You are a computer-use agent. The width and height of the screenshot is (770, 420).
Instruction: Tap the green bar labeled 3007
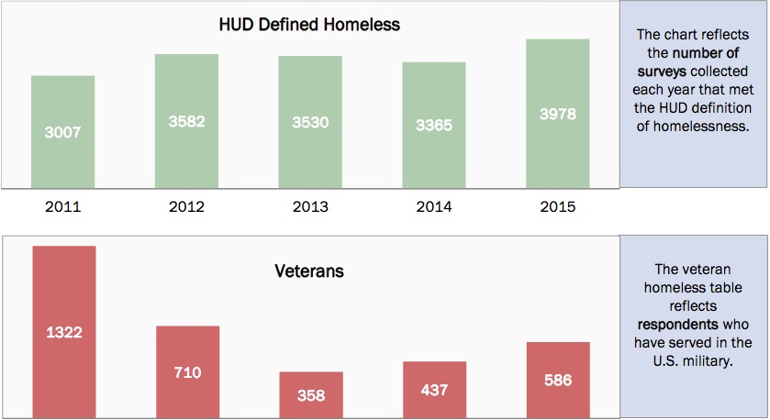(63, 132)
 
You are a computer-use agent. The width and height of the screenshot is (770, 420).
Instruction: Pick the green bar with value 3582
(186, 121)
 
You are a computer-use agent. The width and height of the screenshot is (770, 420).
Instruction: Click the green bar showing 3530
(310, 122)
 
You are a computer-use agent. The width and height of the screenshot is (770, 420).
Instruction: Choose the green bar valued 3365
(434, 126)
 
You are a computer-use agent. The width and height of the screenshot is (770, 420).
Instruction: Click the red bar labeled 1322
(63, 332)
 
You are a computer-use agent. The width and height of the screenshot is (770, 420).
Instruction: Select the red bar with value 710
(187, 371)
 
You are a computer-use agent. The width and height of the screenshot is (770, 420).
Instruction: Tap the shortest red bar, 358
(310, 394)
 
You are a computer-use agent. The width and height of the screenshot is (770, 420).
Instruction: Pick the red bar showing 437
(434, 389)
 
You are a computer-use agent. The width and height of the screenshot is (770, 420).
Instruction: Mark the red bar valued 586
(558, 380)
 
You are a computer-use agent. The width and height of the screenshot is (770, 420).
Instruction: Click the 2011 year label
(63, 206)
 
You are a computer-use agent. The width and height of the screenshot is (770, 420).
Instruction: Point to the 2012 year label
(187, 206)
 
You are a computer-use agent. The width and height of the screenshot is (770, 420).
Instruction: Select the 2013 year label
(310, 206)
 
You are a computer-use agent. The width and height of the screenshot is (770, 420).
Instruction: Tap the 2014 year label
(434, 206)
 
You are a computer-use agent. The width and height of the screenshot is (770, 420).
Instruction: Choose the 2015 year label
(558, 206)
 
